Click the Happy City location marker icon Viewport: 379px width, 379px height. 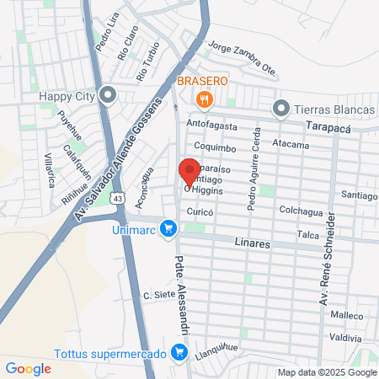coord(108,94)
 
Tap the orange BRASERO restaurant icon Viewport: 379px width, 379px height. coord(203,101)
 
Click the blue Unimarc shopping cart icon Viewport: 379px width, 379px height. coord(168,228)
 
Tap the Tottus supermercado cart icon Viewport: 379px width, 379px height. coord(179,353)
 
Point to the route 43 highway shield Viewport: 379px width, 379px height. coord(119,199)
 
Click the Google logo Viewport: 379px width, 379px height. coord(28,368)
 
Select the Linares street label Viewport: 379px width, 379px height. coord(251,243)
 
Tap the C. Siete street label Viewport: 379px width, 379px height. coord(157,295)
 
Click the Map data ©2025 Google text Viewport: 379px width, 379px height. coord(328,372)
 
